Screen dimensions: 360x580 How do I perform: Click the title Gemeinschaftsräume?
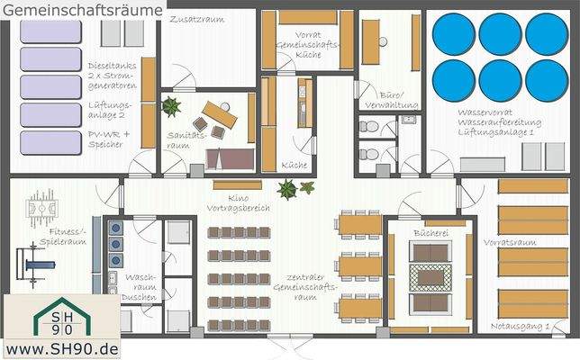click(x=83, y=8)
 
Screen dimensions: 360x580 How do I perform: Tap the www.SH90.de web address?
click(x=63, y=347)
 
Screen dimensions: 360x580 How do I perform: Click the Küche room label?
click(x=294, y=166)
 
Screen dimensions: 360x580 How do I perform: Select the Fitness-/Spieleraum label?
click(x=68, y=237)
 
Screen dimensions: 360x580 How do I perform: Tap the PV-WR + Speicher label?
click(x=109, y=139)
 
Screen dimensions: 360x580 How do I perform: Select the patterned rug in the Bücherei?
click(x=430, y=275)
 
